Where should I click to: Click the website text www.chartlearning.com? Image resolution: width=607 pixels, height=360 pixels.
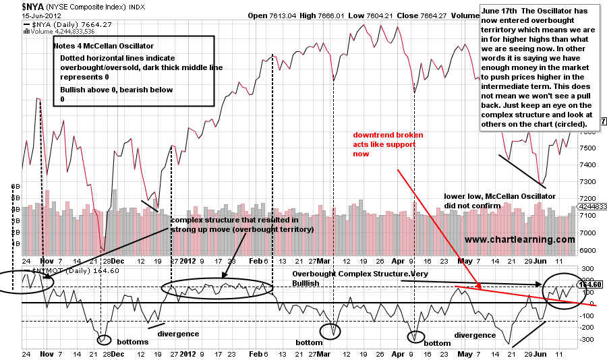click(x=519, y=239)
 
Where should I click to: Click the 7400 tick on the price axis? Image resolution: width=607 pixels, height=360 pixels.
click(x=586, y=165)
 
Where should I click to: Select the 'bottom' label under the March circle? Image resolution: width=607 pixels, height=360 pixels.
click(x=310, y=342)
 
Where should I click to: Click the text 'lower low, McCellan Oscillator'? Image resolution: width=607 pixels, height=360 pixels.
click(x=499, y=196)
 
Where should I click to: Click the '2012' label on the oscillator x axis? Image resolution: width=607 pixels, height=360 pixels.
click(x=190, y=353)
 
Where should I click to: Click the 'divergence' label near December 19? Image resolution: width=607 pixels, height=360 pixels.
click(x=178, y=333)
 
